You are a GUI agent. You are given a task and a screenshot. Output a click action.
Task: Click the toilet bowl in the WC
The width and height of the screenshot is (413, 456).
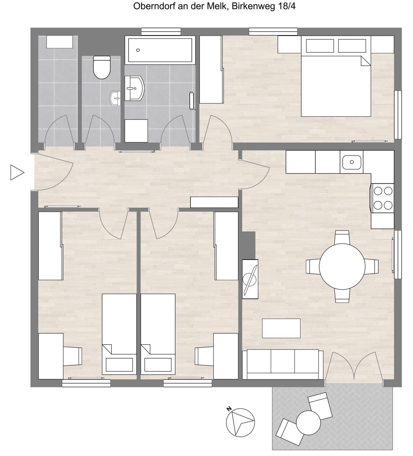tap(102, 67)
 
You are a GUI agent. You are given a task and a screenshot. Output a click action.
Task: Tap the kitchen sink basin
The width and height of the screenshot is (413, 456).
tap(352, 162)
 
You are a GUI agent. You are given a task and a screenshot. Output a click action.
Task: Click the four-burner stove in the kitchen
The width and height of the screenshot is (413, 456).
tap(382, 198)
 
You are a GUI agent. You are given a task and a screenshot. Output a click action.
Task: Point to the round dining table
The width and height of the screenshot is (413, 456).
tap(342, 266)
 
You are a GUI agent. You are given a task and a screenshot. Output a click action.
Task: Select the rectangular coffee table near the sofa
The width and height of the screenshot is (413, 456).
tap(281, 328)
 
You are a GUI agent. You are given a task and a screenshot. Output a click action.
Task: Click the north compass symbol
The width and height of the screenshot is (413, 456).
tap(240, 422)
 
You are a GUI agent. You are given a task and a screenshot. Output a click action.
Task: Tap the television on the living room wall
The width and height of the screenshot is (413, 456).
tap(250, 279)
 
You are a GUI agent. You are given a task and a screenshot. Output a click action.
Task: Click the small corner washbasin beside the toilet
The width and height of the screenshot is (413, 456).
tap(116, 98)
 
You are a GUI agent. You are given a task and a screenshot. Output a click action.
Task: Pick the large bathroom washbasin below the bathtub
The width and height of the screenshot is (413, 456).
tap(134, 88)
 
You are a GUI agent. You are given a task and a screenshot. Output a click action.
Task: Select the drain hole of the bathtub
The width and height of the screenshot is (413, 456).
tap(138, 50)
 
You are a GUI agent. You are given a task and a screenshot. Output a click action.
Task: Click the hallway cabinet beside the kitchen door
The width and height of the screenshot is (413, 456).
tap(214, 202)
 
